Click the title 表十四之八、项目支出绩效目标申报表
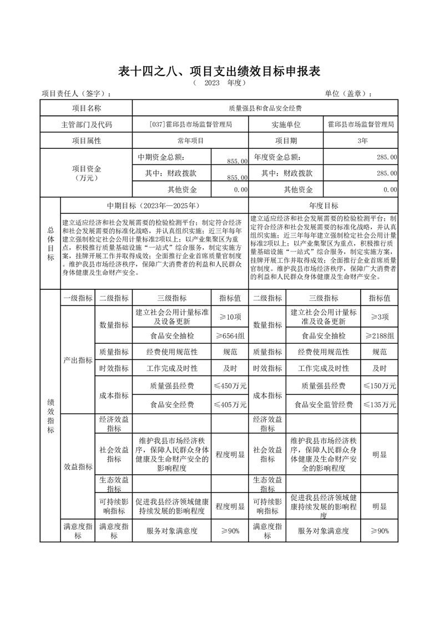coord(220,71)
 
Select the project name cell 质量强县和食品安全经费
coord(265,108)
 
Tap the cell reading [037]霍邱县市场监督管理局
coord(191,124)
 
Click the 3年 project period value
coord(363,140)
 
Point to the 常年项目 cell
coord(191,140)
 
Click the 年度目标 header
coord(323,205)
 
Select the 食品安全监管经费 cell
coord(323,405)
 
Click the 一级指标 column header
coord(78,298)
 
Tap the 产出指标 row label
coord(78,360)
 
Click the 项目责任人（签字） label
coord(80,93)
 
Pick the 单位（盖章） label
coord(348,93)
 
